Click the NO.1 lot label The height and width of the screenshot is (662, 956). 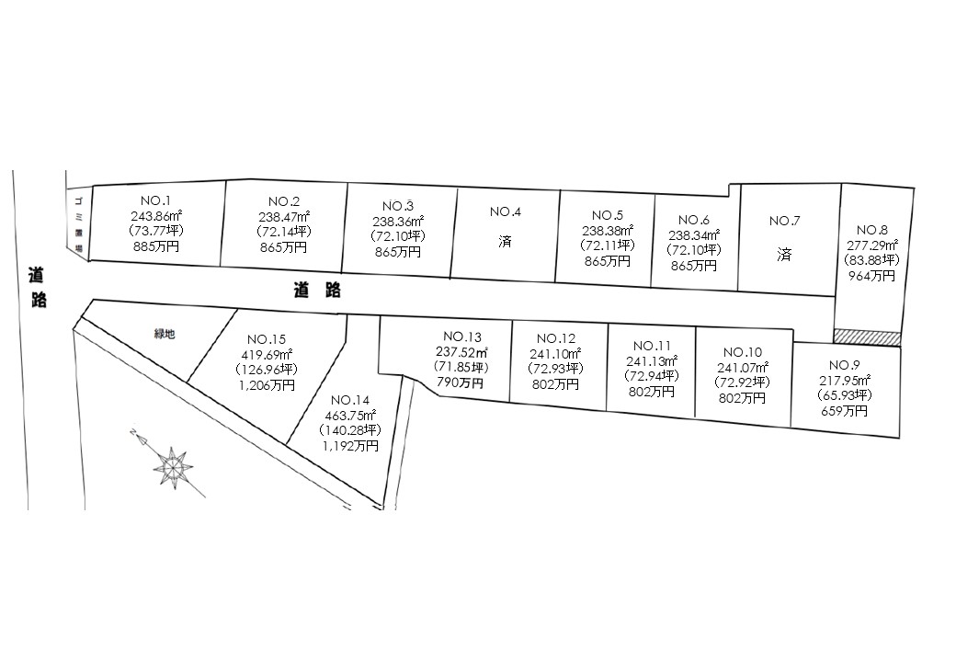pyautogui.click(x=155, y=201)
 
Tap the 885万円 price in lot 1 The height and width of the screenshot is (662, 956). pyautogui.click(x=155, y=247)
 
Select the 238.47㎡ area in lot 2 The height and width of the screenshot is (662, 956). pyautogui.click(x=284, y=217)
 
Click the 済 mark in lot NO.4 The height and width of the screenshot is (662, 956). pyautogui.click(x=506, y=241)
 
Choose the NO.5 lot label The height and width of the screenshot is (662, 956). pyautogui.click(x=608, y=215)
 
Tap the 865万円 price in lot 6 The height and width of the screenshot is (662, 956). pyautogui.click(x=694, y=266)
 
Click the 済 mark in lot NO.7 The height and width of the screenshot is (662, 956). pyautogui.click(x=784, y=255)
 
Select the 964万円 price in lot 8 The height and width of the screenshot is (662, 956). pyautogui.click(x=871, y=275)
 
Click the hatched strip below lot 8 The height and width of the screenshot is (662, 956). pyautogui.click(x=867, y=337)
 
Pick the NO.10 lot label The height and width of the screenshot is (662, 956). pyautogui.click(x=742, y=352)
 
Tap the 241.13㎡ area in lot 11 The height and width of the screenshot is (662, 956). pyautogui.click(x=651, y=360)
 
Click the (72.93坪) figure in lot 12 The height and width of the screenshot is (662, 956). pyautogui.click(x=555, y=369)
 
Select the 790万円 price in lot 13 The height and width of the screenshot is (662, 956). pyautogui.click(x=461, y=382)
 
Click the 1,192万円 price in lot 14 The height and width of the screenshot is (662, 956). pyautogui.click(x=349, y=446)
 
